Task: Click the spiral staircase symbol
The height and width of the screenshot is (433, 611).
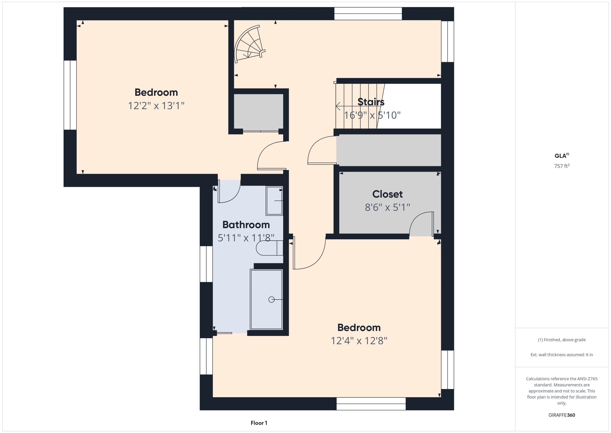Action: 249,44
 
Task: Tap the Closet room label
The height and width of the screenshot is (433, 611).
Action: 387,194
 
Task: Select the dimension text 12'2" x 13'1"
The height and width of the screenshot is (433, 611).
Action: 156,106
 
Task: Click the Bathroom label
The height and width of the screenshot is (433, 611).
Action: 246,225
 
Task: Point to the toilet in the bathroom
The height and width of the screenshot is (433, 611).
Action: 269,248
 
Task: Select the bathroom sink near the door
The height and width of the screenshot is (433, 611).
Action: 274,201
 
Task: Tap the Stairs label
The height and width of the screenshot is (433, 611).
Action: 371,102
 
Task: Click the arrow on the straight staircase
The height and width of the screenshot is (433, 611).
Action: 338,106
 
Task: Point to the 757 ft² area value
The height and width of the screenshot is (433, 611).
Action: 562,166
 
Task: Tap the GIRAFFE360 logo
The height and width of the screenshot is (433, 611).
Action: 562,415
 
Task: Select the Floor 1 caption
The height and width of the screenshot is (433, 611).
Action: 259,423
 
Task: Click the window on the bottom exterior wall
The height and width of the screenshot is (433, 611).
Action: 371,404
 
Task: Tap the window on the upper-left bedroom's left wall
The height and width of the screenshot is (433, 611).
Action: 70,95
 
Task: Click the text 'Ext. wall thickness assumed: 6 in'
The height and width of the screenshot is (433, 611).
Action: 562,355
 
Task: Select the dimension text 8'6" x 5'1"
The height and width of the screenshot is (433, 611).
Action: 387,207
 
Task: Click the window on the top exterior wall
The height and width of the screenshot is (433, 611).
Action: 368,14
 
